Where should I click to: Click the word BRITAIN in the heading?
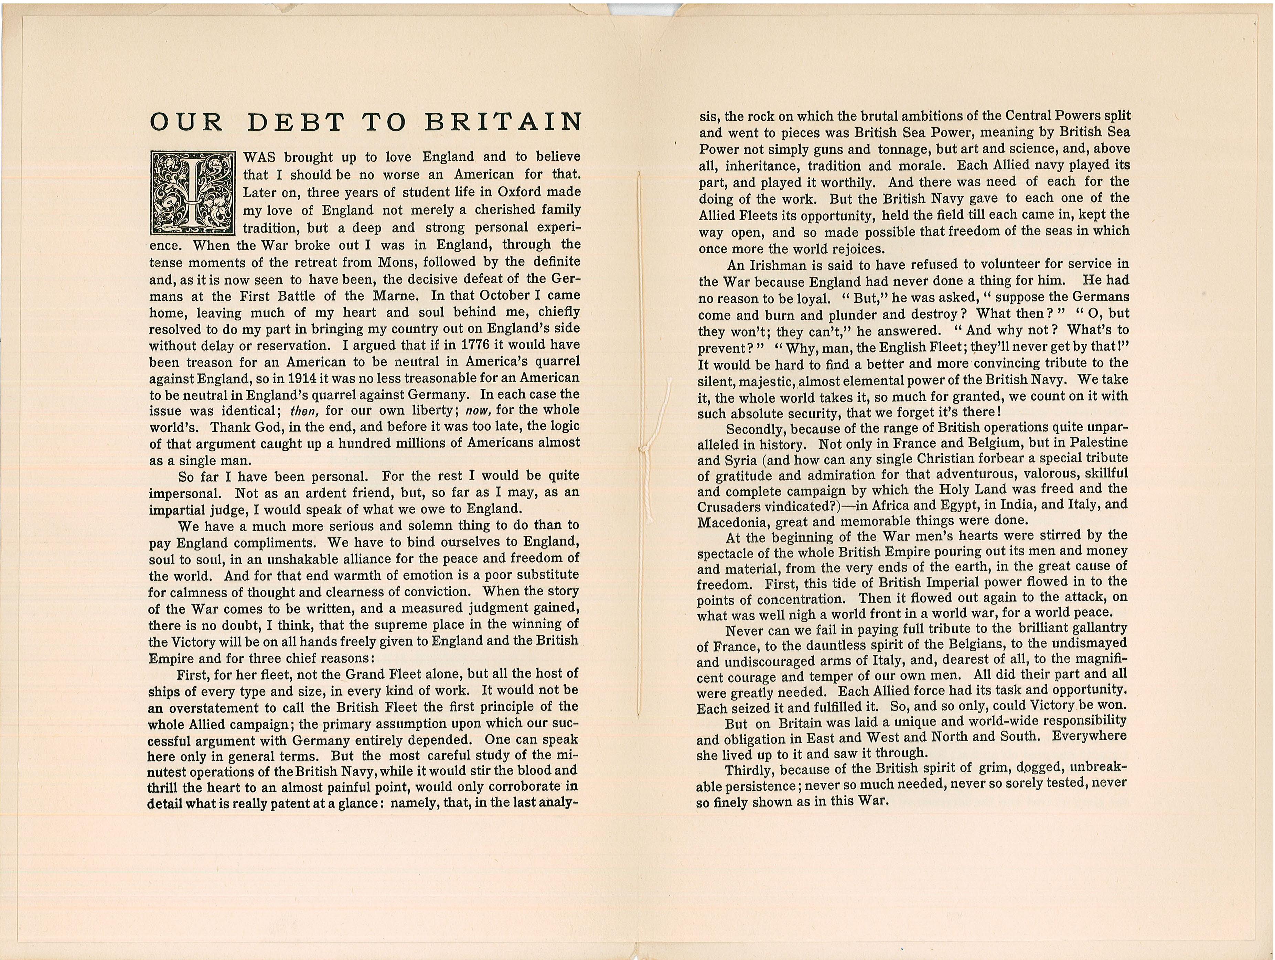click(503, 122)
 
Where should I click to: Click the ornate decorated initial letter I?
click(193, 193)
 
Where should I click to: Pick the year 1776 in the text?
click(475, 345)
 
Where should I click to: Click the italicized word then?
click(303, 411)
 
